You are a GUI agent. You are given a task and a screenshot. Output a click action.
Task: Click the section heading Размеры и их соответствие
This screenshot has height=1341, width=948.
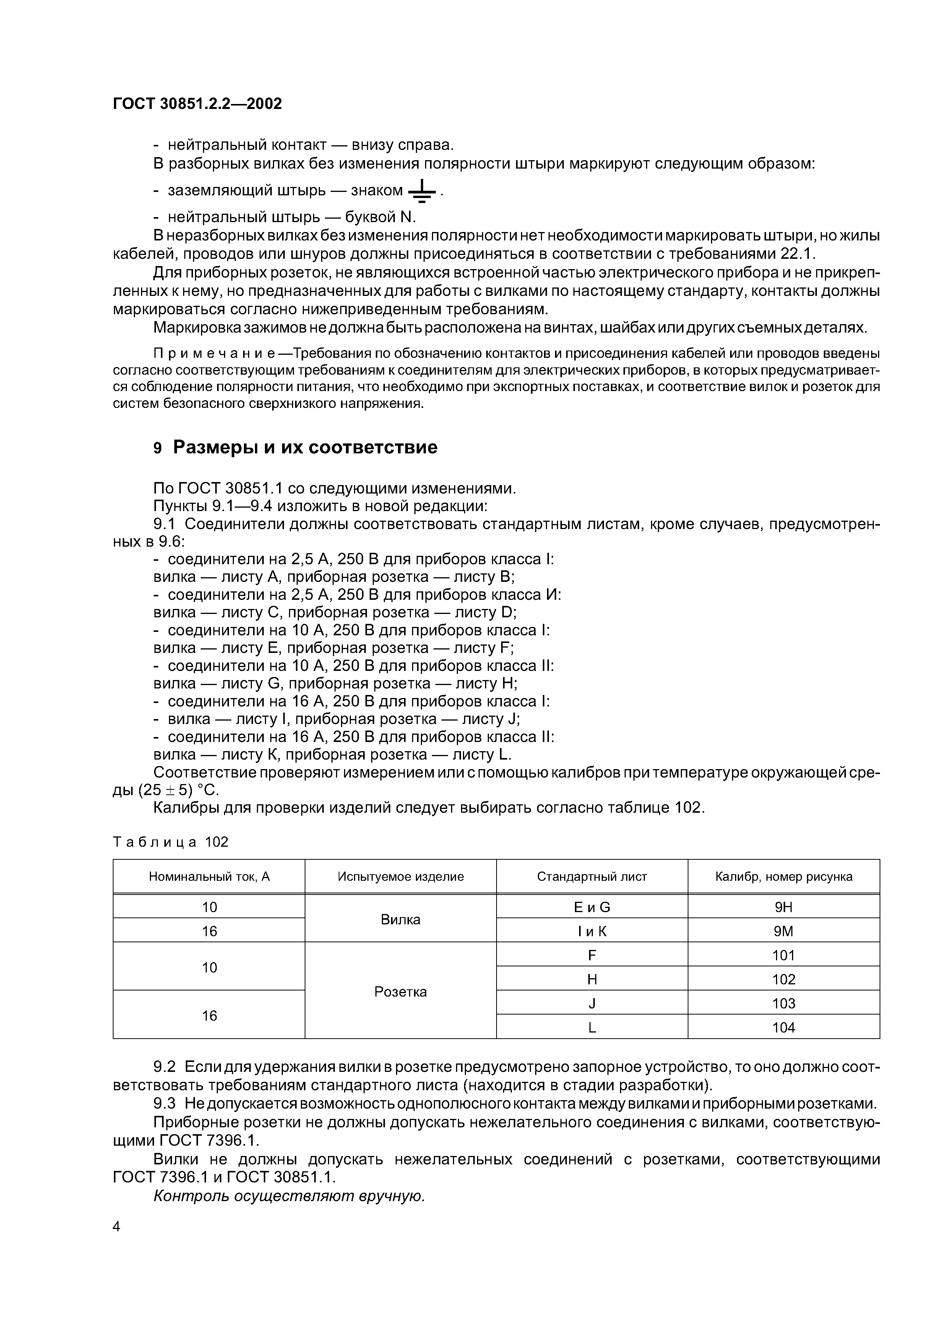point(305,447)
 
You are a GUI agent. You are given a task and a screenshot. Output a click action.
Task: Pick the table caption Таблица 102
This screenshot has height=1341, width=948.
point(170,842)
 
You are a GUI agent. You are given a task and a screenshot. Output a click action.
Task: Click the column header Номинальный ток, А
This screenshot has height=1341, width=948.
point(209,876)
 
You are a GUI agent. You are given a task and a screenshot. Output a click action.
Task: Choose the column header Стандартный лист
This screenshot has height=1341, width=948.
point(592,876)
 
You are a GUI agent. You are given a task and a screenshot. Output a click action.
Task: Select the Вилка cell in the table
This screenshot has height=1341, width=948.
point(400,919)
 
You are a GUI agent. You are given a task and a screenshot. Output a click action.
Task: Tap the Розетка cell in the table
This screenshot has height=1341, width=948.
point(400,992)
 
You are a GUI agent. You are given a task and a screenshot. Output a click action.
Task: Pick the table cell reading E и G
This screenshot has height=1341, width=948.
point(592,907)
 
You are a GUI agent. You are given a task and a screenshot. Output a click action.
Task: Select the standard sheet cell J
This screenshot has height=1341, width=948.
point(592,1003)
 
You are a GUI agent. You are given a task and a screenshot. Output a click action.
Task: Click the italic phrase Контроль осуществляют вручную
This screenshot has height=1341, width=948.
point(289,1196)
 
